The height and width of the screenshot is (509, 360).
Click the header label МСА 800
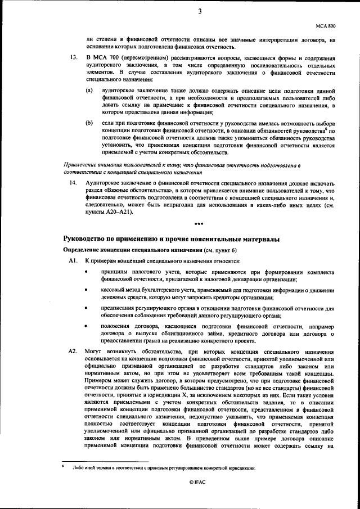point(325,26)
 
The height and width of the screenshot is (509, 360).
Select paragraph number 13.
point(72,58)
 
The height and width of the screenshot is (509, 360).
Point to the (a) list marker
point(89,90)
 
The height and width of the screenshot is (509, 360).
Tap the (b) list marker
point(89,123)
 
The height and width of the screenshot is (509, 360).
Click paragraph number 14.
point(72,183)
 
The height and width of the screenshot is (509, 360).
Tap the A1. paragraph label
point(73,262)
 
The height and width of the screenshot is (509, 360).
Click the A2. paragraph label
point(73,350)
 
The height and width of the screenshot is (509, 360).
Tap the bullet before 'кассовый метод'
point(86,290)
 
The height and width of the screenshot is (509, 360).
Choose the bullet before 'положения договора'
point(86,326)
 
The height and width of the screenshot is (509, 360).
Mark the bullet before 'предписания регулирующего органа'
point(86,308)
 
